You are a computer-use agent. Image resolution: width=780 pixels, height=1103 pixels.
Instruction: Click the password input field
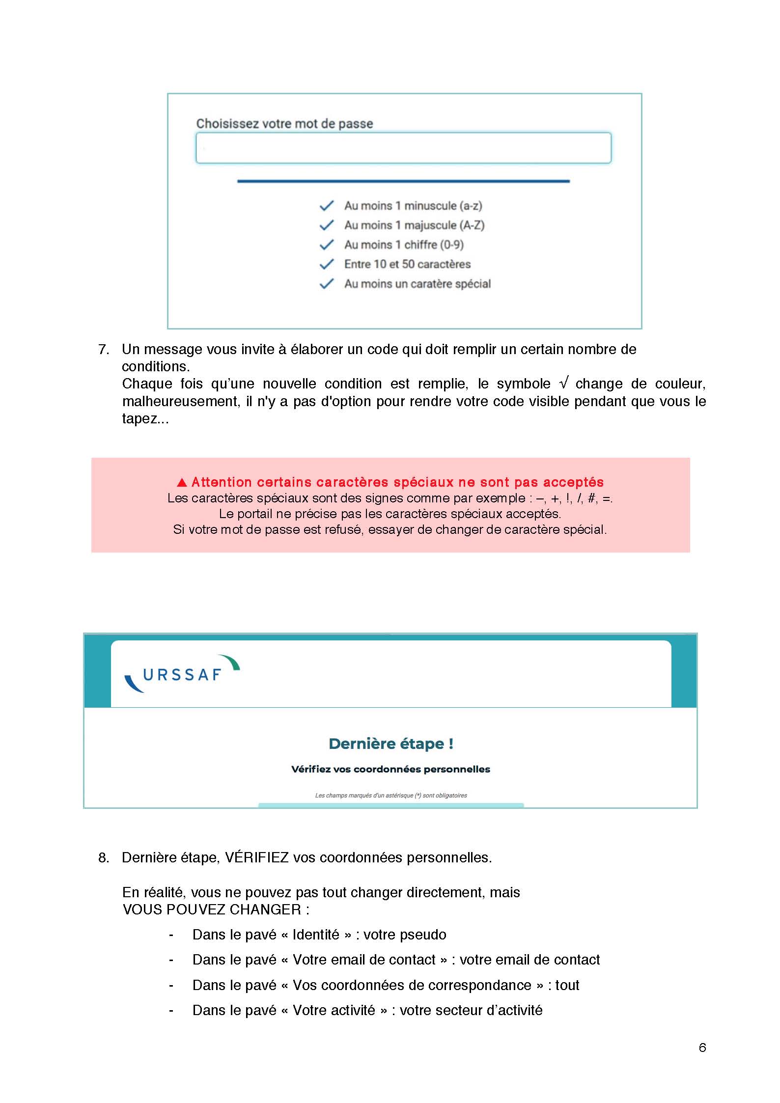click(x=403, y=148)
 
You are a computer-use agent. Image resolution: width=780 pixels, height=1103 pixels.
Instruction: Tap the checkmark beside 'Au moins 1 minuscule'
click(x=327, y=206)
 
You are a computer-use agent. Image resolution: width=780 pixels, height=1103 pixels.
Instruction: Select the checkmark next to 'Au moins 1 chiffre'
click(x=327, y=245)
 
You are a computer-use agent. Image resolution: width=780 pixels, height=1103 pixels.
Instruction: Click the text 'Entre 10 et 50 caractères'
click(x=407, y=264)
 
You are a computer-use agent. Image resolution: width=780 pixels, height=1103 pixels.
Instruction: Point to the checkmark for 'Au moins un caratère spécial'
click(x=327, y=284)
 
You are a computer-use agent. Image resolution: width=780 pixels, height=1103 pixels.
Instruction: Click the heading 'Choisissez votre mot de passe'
click(x=284, y=124)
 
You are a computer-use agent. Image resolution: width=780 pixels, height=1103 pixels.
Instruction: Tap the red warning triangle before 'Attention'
click(x=182, y=482)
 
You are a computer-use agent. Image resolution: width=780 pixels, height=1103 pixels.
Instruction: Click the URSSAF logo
click(x=182, y=674)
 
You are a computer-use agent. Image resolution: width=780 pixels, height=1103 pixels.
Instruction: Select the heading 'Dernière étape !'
click(x=390, y=744)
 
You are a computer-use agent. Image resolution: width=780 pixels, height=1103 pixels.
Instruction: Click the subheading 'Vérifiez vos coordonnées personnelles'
click(x=390, y=769)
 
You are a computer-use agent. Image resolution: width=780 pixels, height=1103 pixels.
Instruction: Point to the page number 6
click(x=702, y=1048)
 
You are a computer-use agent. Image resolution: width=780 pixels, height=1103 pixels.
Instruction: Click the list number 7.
click(x=103, y=350)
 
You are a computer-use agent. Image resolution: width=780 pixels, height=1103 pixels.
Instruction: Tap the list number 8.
click(x=103, y=857)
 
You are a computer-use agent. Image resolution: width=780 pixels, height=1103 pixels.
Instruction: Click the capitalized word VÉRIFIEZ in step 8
click(x=256, y=857)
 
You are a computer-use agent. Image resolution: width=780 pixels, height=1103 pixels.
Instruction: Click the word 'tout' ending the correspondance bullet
click(x=567, y=985)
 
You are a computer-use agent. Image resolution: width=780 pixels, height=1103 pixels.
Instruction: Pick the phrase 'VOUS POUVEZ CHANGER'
click(x=212, y=910)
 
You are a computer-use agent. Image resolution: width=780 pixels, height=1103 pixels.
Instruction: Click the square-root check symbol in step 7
click(x=563, y=383)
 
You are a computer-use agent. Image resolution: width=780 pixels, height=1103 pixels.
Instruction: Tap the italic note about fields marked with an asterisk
click(x=390, y=795)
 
